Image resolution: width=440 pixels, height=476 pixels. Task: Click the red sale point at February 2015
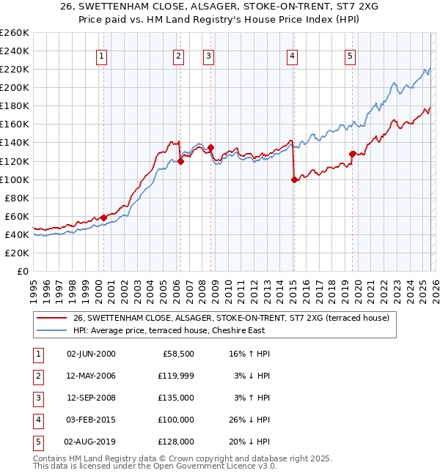tap(294, 179)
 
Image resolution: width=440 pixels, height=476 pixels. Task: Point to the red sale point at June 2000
tap(103, 217)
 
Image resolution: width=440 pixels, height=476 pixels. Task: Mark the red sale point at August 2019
tap(353, 154)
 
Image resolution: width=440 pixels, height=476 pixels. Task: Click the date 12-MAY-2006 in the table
tap(91, 376)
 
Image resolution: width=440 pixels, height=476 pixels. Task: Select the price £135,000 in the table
tap(176, 398)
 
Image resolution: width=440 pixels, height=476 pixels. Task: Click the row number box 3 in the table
tap(36, 398)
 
